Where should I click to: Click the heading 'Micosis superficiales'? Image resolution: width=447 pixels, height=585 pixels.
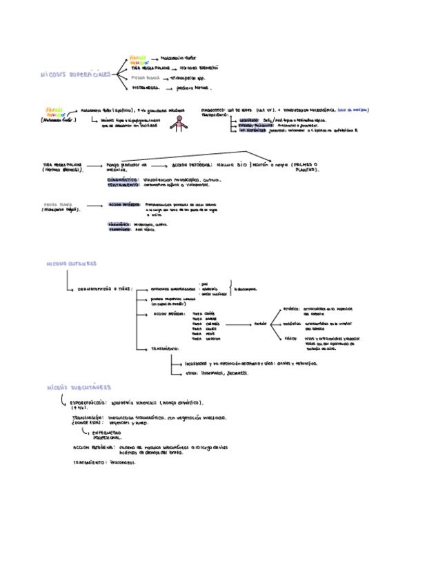point(75,73)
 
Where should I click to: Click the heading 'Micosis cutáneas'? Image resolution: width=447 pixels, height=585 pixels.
point(71,264)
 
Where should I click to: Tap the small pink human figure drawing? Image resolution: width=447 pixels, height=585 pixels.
point(181,122)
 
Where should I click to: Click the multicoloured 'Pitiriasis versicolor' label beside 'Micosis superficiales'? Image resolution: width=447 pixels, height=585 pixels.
point(139,60)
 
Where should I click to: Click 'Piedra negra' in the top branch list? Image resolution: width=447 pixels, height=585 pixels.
point(145,88)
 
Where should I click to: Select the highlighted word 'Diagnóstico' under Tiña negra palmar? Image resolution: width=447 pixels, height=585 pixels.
point(123,179)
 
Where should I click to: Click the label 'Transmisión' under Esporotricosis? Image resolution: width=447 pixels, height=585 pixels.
point(88,417)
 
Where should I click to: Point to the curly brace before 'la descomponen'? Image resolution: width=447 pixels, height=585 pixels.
point(230,288)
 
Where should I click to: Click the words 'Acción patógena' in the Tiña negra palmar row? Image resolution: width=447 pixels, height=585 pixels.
point(187,166)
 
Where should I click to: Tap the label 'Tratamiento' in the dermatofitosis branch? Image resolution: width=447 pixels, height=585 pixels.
point(166,348)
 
